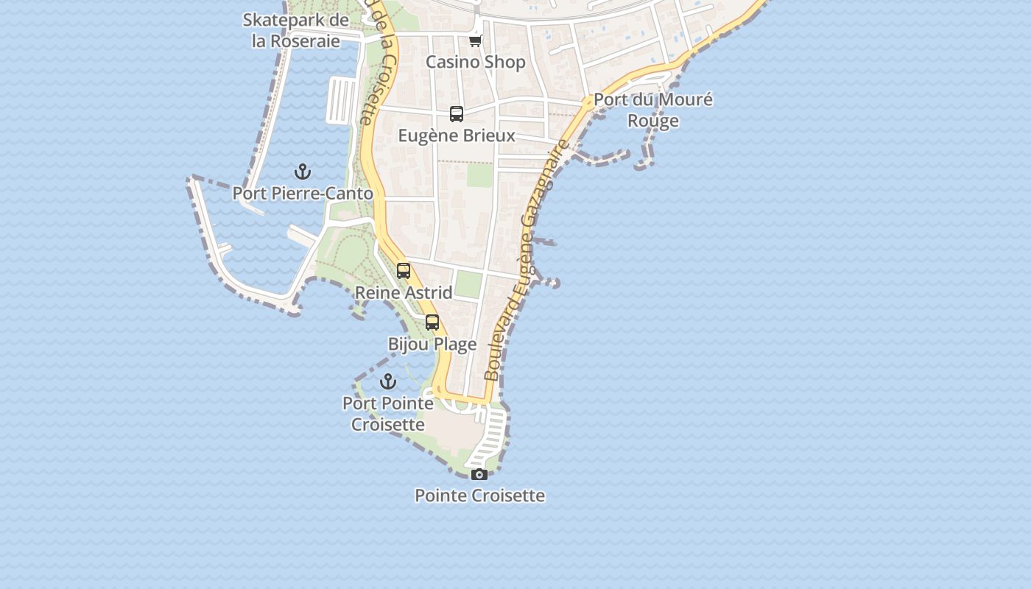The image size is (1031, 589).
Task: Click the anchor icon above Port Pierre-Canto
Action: (x=303, y=172)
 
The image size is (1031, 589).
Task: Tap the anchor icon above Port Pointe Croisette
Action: (x=388, y=381)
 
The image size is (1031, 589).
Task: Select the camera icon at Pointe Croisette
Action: (x=479, y=474)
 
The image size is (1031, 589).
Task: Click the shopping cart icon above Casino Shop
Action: (x=476, y=40)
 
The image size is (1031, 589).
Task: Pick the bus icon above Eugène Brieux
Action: (x=457, y=114)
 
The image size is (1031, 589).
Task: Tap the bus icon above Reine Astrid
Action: (x=404, y=271)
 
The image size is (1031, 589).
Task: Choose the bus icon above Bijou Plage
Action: (x=432, y=322)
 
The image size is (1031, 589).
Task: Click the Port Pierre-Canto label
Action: (x=303, y=194)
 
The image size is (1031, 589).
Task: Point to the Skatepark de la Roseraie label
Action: (x=296, y=30)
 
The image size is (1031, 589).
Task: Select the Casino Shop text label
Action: (x=476, y=62)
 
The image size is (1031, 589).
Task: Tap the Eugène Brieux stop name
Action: (x=457, y=135)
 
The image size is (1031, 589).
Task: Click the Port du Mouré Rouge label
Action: (x=653, y=110)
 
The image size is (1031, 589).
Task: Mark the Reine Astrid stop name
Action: (x=404, y=292)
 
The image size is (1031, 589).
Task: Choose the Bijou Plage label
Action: (x=432, y=344)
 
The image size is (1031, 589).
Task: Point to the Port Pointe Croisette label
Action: (x=388, y=414)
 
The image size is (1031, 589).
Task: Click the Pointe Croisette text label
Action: (x=479, y=495)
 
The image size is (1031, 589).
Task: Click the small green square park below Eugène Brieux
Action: (x=479, y=174)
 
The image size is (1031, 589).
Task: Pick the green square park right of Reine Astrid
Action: (x=468, y=284)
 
